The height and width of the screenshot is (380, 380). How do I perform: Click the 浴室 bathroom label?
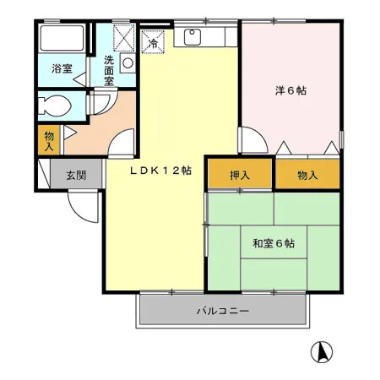62,68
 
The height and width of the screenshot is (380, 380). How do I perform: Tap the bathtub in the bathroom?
62,39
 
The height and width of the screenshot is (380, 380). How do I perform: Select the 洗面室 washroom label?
109,71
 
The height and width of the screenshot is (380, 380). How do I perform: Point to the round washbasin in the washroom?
128,63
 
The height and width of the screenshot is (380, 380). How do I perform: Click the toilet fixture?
55,106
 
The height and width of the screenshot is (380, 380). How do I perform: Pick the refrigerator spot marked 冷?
153,42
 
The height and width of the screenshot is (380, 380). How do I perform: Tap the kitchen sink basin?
193,36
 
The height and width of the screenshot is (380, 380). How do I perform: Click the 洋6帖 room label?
290,90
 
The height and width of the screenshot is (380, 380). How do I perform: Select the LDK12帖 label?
160,171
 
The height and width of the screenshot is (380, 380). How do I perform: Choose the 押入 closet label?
240,176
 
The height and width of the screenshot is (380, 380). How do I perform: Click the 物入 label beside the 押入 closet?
307,176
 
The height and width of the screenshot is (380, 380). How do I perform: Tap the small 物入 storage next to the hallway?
49,140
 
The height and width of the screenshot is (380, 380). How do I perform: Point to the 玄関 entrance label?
76,176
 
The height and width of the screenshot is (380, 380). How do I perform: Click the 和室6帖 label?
274,243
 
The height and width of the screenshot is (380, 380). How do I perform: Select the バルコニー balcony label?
223,311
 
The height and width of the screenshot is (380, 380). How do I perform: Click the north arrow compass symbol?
322,351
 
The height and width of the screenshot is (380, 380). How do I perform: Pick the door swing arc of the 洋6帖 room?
260,134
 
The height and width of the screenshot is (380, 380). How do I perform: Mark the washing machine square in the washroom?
124,38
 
